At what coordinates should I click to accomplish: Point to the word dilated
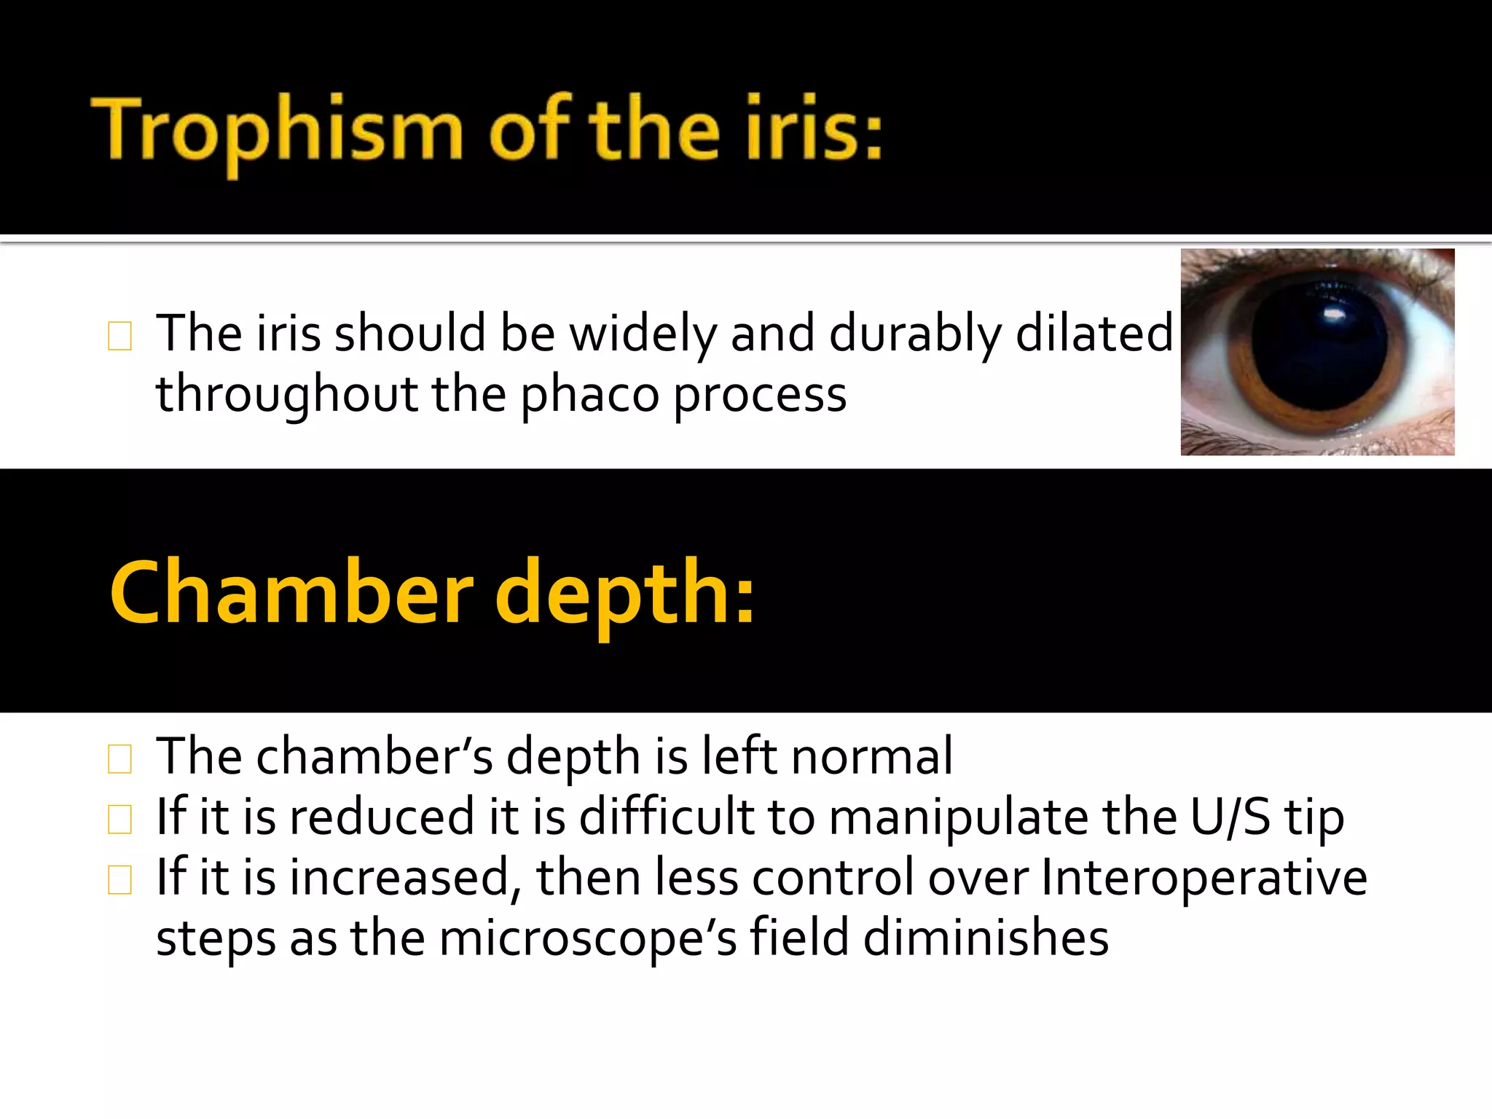tap(1094, 333)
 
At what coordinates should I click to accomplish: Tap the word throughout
tap(286, 396)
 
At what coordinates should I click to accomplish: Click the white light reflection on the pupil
tap(1335, 315)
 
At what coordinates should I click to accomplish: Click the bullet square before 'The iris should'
tap(119, 336)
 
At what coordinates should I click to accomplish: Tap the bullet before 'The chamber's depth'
tap(119, 758)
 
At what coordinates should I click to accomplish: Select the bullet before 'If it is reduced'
tap(119, 819)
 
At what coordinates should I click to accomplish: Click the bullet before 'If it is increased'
tap(119, 879)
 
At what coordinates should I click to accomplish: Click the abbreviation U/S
tap(1230, 817)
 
